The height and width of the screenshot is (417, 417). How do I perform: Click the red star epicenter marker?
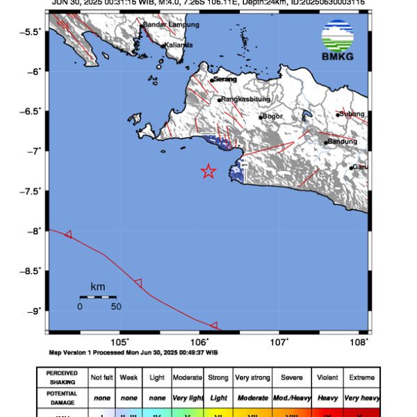[208, 171]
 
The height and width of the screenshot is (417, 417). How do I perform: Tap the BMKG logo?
[338, 40]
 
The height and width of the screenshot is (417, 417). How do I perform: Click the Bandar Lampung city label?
[171, 24]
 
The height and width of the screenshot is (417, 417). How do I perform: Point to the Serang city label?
[224, 79]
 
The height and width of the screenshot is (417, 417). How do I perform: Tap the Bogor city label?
[275, 117]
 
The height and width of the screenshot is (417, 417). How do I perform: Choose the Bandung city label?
[341, 142]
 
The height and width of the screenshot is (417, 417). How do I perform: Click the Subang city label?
[351, 114]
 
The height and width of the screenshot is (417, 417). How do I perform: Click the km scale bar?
[97, 297]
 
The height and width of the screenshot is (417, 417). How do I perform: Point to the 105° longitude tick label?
[120, 341]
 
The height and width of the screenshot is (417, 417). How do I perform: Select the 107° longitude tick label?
[279, 341]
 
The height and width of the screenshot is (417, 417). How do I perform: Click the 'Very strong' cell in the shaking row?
[252, 377]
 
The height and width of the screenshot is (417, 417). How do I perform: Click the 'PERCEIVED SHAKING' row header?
[62, 377]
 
